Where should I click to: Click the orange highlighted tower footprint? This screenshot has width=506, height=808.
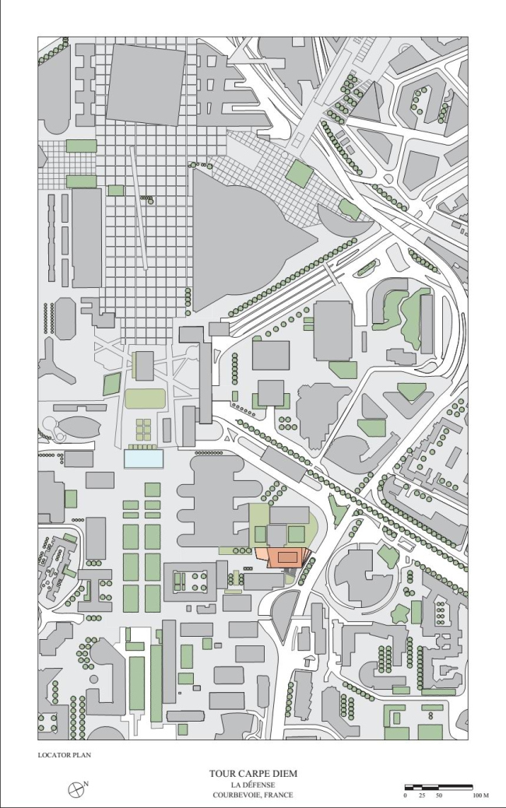pyautogui.click(x=284, y=558)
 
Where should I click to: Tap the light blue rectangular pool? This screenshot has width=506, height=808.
pyautogui.click(x=144, y=458)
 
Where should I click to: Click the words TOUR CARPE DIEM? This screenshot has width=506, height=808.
pyautogui.click(x=253, y=774)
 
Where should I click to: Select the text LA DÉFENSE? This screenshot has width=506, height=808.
pyautogui.click(x=253, y=785)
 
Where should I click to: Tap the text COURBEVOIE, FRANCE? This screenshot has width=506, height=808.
pyautogui.click(x=253, y=796)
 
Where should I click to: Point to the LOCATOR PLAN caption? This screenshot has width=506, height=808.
pyautogui.click(x=65, y=754)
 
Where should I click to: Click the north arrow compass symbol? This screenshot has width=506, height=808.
pyautogui.click(x=76, y=788)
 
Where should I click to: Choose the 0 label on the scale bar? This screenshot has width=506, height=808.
pyautogui.click(x=405, y=796)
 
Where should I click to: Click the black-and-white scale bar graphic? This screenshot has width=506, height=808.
pyautogui.click(x=438, y=787)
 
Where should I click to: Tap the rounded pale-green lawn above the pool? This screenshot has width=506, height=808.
pyautogui.click(x=146, y=399)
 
